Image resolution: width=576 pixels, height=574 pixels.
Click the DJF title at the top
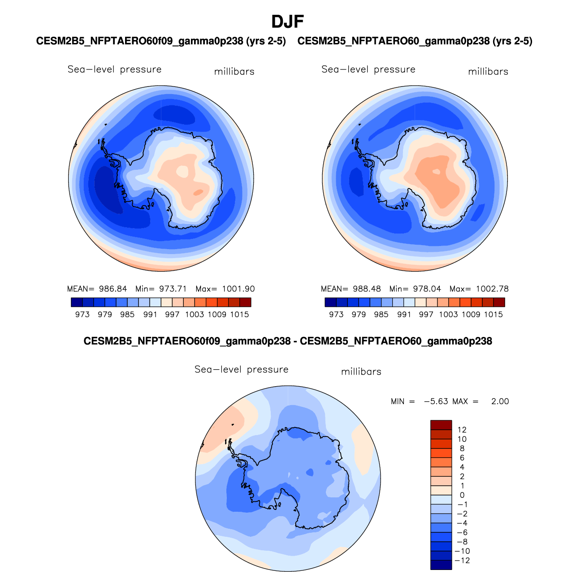point(288,22)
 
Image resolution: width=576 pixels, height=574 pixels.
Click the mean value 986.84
point(113,289)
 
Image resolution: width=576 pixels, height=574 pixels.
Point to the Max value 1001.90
point(238,289)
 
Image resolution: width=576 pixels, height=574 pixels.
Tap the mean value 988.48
point(367,289)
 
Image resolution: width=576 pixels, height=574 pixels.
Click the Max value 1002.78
point(492,289)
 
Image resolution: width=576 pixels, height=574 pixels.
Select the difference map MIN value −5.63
point(436,401)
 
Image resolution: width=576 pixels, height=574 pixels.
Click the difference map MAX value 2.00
point(500,401)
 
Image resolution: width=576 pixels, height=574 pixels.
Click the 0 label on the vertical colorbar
point(462,495)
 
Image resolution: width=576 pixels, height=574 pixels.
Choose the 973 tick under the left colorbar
point(82,315)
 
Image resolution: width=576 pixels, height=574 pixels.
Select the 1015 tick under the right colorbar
point(493,315)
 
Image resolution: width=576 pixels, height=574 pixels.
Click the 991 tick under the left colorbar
point(150,315)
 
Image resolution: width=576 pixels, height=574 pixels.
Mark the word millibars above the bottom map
point(361,372)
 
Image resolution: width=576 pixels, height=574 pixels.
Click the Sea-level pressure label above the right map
point(368,69)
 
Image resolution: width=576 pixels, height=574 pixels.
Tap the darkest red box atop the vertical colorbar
point(441,425)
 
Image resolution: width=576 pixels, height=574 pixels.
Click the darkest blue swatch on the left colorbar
point(77,302)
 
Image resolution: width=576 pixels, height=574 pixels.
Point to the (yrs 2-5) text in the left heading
point(266,41)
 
